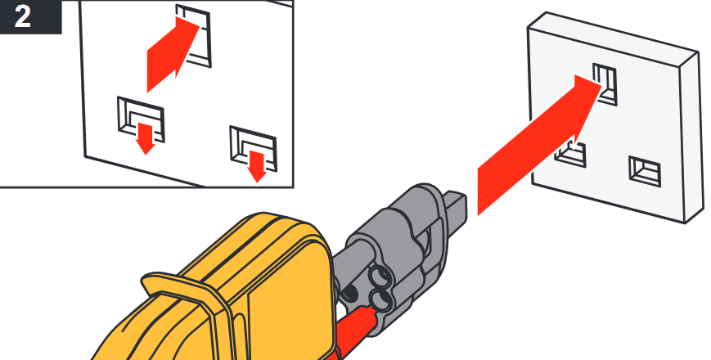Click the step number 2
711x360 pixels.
(x=22, y=16)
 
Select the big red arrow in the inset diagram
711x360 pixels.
(x=173, y=54)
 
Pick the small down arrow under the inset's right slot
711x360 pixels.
(x=257, y=167)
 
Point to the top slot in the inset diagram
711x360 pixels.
(x=194, y=35)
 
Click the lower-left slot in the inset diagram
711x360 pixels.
(x=141, y=119)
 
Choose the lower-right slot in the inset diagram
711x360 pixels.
(x=253, y=149)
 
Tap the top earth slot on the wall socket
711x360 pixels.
(x=605, y=84)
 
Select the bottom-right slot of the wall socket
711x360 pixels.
(x=645, y=171)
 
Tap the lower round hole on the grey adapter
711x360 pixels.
(x=381, y=299)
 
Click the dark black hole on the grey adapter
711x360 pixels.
(x=349, y=293)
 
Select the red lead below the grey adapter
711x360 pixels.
(x=356, y=330)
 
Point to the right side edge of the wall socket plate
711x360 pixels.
(x=692, y=136)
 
